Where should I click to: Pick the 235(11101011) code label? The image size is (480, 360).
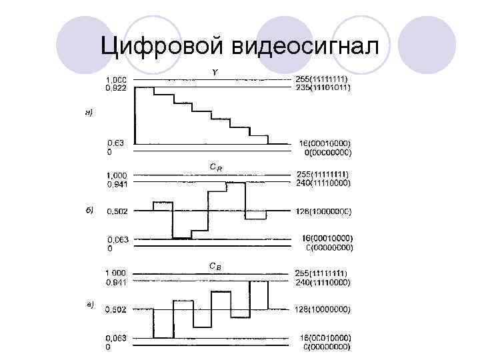coord(323,87)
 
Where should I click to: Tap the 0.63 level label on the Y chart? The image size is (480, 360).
coord(115,143)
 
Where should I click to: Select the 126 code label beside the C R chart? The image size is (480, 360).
coord(323,211)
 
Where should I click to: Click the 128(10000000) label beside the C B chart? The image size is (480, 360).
coord(323,309)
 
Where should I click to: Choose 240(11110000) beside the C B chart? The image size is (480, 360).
coord(323,281)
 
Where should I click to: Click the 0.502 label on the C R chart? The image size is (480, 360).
coord(118,211)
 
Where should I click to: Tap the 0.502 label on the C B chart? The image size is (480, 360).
coord(118,309)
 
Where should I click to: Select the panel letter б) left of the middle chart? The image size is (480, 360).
coord(89,209)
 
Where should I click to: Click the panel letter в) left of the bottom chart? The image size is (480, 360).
coord(89,305)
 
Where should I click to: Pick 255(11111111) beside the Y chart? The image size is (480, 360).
coord(323,79)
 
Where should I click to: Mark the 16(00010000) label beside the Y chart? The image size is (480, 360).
coord(323,143)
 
